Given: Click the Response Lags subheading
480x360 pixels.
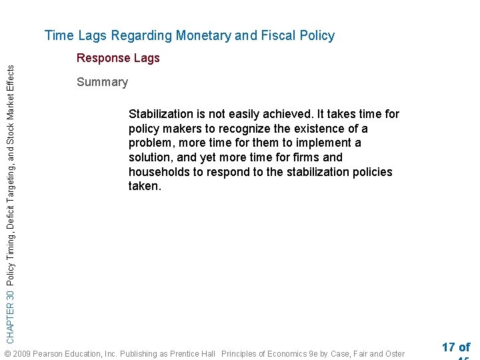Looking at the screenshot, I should (x=118, y=58).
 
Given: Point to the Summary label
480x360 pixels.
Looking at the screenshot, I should (x=102, y=82).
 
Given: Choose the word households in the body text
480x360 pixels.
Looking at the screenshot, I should (x=160, y=172).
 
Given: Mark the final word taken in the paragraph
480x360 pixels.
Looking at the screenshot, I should (x=144, y=187).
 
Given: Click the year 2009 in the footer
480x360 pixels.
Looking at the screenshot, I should (x=21, y=353).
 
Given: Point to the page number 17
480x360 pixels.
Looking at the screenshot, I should (x=448, y=347).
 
